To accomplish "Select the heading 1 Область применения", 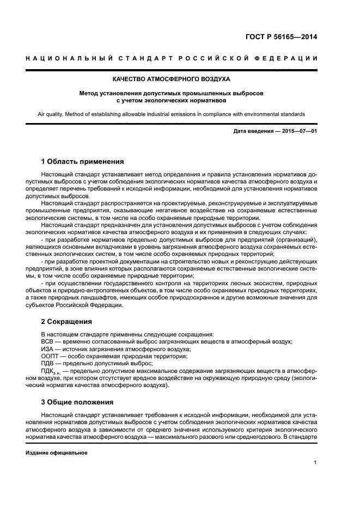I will pyautogui.click(x=82, y=162).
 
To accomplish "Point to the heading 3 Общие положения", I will pyautogui.click(x=77, y=402).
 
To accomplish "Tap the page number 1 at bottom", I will pyautogui.click(x=315, y=463).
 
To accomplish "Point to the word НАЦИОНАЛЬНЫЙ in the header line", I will pyautogui.click(x=65, y=58).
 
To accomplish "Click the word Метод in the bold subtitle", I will pyautogui.click(x=91, y=93).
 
